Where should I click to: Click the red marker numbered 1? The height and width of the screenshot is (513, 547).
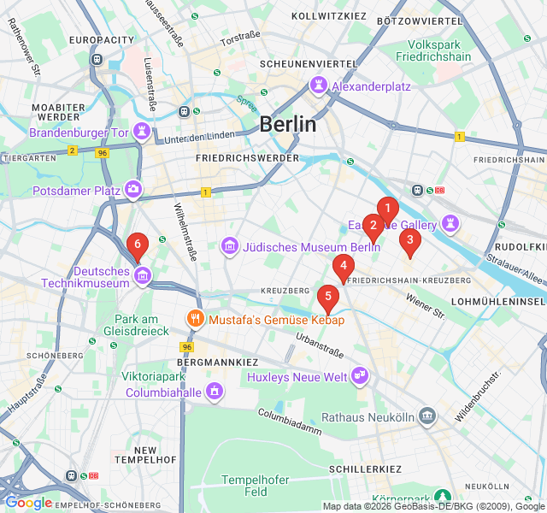coord(387,208)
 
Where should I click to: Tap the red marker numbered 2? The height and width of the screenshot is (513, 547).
coord(373,225)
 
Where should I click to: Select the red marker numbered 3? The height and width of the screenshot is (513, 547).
coord(409,240)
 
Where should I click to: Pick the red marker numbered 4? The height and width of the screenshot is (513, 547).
coord(344,266)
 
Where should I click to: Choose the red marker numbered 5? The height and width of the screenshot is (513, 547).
coord(327,297)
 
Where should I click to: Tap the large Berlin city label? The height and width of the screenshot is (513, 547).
coord(287,124)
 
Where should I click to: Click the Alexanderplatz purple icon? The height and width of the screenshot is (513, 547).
coord(318,85)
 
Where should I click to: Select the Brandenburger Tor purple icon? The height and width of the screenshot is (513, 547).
coord(142,133)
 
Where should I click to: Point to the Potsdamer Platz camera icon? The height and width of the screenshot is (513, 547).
coord(132,189)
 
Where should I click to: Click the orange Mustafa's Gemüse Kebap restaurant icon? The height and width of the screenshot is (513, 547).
coord(196,320)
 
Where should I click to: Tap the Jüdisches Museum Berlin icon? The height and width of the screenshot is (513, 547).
coord(229,247)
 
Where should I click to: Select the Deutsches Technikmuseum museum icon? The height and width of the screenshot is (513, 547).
coord(142,275)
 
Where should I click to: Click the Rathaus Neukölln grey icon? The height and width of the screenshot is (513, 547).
coord(426,417)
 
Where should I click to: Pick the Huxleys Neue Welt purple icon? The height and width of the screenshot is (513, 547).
coord(360,376)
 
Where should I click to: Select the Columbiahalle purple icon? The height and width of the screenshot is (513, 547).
coord(214,392)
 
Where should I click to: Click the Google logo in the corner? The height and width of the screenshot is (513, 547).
coord(28,503)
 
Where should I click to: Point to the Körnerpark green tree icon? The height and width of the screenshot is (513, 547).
coord(442,496)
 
